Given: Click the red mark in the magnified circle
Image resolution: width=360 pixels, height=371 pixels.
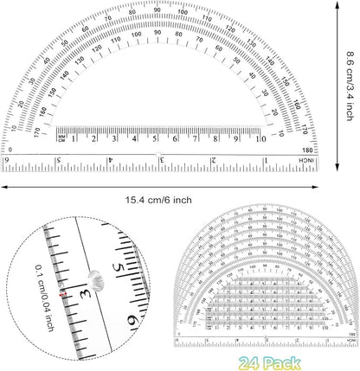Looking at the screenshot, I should point(63,294).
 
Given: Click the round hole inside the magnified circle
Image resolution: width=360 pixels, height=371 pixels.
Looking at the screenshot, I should point(92,277).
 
